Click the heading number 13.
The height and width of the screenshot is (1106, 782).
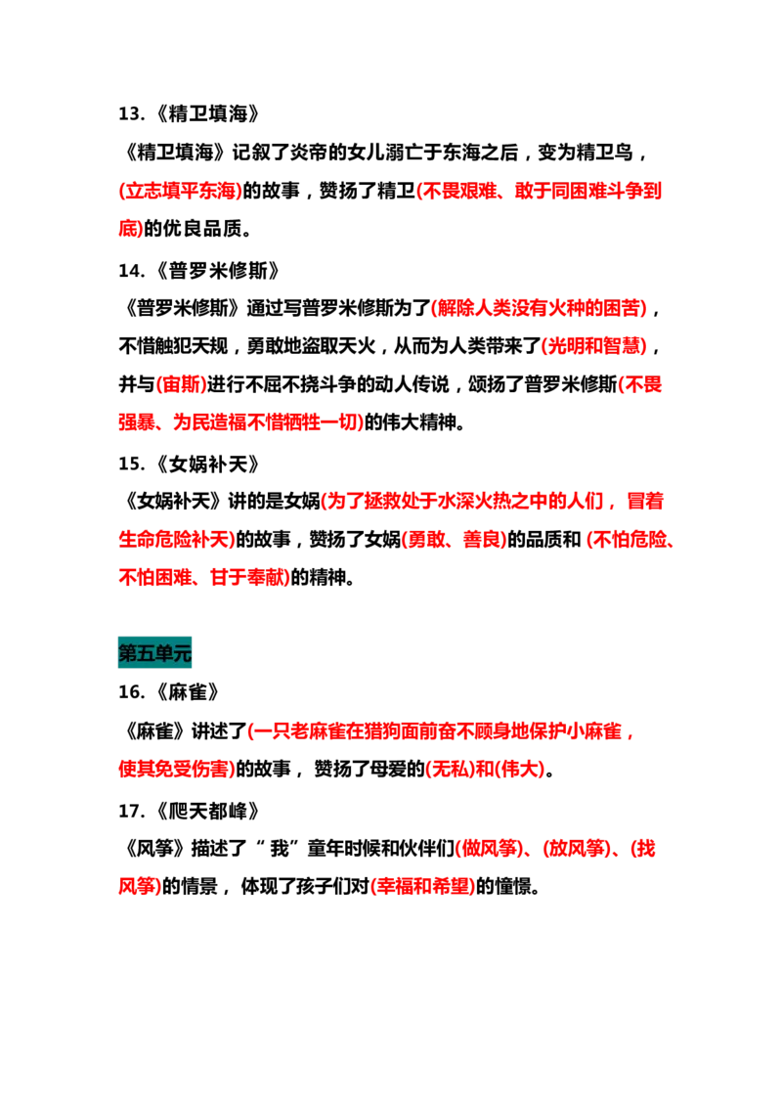click(x=132, y=113)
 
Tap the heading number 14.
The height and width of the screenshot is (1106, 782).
click(x=132, y=270)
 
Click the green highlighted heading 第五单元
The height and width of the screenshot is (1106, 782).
click(x=154, y=652)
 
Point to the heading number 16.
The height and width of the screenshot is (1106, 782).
click(x=132, y=692)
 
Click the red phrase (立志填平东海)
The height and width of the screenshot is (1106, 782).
click(x=181, y=191)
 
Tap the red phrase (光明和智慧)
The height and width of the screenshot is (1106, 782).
click(x=594, y=345)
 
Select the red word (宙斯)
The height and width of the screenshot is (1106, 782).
click(x=181, y=383)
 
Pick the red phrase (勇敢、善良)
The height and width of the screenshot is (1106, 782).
click(x=455, y=539)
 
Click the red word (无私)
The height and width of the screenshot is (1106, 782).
click(x=451, y=768)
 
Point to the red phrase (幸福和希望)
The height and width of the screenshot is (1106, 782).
click(x=423, y=886)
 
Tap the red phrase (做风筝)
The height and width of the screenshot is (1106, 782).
click(x=491, y=848)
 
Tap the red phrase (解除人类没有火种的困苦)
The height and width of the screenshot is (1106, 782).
click(x=540, y=307)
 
